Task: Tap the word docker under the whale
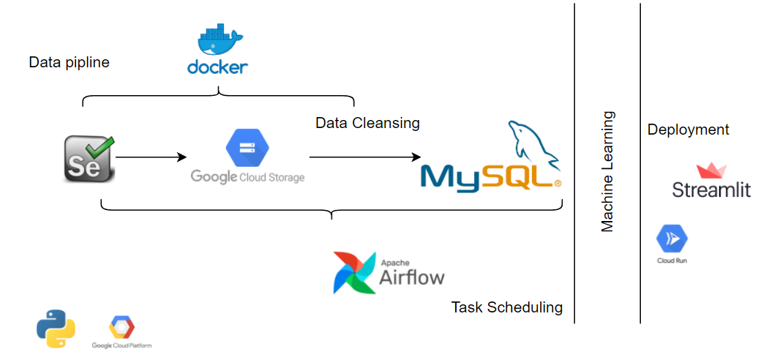[217, 67]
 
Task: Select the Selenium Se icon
[90, 160]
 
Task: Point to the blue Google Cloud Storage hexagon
[247, 147]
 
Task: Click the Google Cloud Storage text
[247, 176]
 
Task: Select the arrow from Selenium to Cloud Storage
[151, 157]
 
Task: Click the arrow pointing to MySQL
[365, 157]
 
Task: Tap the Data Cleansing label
[367, 123]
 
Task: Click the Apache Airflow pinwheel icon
[354, 272]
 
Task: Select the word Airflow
[412, 278]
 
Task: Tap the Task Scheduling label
[507, 307]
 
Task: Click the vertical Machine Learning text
[607, 171]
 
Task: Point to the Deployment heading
[688, 130]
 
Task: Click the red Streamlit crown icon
[712, 171]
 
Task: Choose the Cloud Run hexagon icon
[672, 239]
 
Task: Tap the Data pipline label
[69, 62]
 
